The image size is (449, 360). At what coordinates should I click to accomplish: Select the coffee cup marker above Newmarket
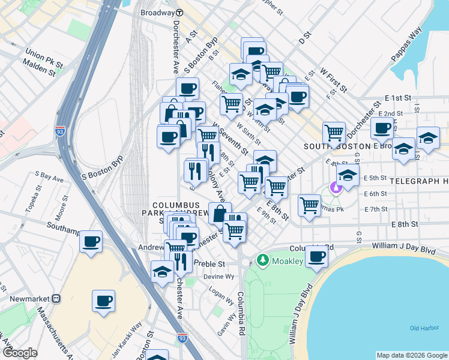click(x=103, y=301)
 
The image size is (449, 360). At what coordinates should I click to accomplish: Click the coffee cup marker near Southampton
click(x=91, y=242)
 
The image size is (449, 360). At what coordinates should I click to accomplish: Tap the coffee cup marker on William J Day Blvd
click(x=317, y=256)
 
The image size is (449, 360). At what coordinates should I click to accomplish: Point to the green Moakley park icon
click(x=262, y=260)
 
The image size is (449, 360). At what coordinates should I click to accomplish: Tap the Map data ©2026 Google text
click(x=411, y=355)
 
